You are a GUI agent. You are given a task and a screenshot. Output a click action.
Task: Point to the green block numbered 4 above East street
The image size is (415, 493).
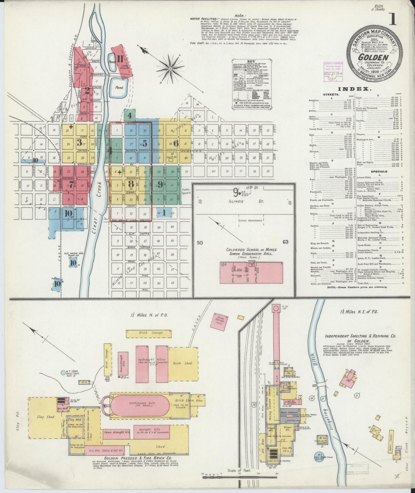point(130,116)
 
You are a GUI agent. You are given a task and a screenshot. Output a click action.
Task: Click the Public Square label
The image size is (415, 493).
point(186,191)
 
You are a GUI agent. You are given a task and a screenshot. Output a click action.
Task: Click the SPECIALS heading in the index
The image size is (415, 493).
point(380,171)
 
